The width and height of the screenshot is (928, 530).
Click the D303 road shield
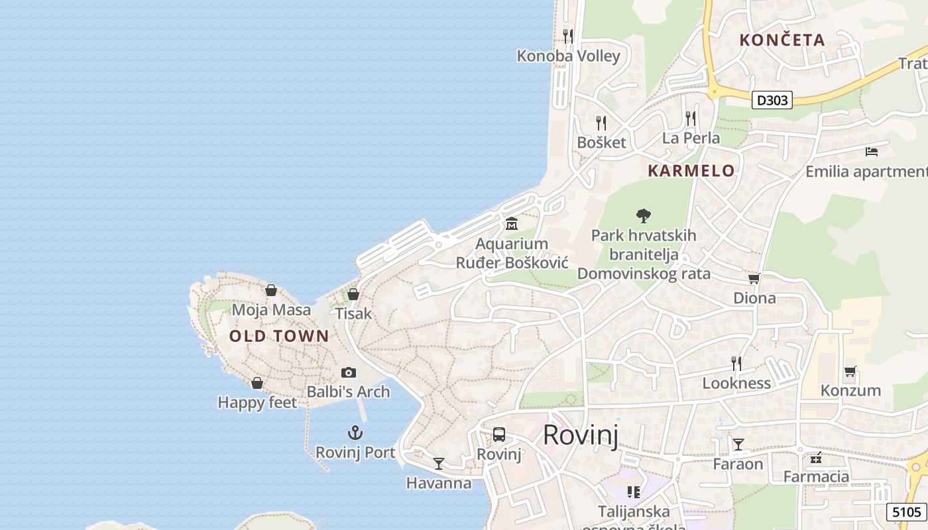pos(773,100)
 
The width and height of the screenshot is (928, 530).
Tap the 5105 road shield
pos(906,511)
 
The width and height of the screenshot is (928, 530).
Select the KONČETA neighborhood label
pos(782,40)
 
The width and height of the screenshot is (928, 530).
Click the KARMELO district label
pos(691,171)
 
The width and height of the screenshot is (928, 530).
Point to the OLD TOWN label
pos(279,336)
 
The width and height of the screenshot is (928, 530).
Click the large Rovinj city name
pos(581,435)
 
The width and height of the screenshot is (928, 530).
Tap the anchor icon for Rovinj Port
pos(355,433)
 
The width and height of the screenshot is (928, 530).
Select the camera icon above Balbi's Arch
pos(348,373)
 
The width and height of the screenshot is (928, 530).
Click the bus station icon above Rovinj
pos(499,435)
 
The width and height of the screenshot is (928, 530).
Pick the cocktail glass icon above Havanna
pos(439,463)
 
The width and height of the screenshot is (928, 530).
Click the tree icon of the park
pos(643,215)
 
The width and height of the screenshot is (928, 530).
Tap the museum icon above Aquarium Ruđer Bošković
pos(511,224)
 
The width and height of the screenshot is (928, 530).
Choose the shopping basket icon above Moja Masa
pos(270,290)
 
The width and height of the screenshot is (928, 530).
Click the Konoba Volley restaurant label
pos(568,56)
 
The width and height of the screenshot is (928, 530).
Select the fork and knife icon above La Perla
pos(691,119)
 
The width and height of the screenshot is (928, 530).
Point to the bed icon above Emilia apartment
pos(872,152)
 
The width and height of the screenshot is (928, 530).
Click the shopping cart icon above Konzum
pos(850,371)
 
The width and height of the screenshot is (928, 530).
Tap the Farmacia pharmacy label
pos(816,476)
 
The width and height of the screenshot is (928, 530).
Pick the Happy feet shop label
pos(257,402)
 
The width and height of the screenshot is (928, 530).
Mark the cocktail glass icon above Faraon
pos(738,444)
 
